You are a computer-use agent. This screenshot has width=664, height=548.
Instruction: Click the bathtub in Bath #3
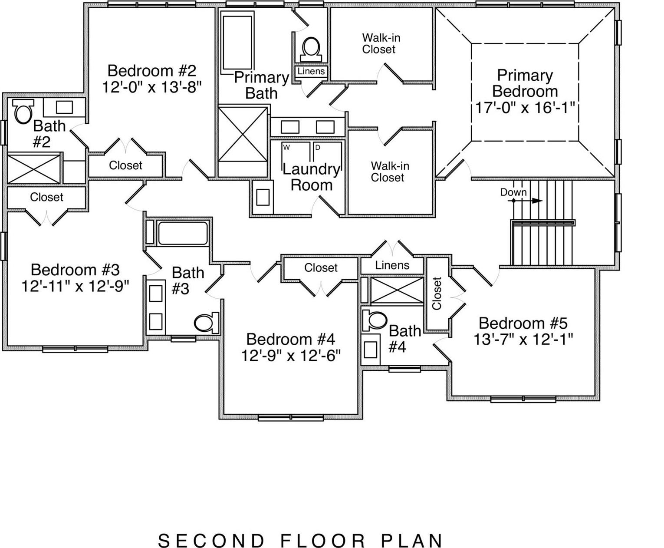(x=183, y=233)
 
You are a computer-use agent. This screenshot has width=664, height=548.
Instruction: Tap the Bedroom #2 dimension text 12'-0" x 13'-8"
(x=152, y=87)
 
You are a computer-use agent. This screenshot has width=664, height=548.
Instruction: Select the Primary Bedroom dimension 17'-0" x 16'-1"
(x=525, y=107)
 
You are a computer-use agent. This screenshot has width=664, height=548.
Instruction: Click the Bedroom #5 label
(x=523, y=323)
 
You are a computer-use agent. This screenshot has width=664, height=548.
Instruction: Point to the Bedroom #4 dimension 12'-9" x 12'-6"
(x=291, y=356)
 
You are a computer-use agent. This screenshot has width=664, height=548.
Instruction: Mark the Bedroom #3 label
(x=75, y=270)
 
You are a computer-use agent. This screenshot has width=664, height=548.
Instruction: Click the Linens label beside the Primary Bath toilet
(x=311, y=71)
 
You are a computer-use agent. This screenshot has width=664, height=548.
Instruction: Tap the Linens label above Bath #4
(x=392, y=265)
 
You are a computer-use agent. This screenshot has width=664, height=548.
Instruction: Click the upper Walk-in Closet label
(x=381, y=43)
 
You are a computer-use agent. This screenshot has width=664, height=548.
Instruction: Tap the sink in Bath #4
(x=370, y=349)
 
